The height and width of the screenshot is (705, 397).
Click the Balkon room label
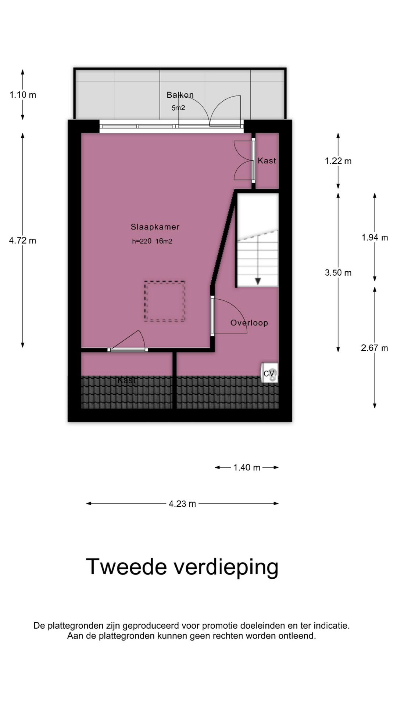tap(180, 95)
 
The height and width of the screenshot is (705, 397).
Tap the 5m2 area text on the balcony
tap(178, 108)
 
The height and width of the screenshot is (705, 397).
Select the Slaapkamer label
tap(155, 227)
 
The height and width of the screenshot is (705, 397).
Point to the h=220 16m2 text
tap(152, 241)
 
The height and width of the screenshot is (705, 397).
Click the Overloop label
tap(249, 323)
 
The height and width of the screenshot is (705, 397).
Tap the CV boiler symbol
tap(269, 373)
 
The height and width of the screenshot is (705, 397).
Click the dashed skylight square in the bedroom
tap(165, 301)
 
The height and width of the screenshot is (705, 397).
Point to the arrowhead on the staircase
tap(258, 281)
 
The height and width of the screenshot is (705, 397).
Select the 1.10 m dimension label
tap(23, 95)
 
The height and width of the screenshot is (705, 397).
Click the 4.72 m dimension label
tap(23, 241)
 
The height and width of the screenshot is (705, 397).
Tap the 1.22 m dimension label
tap(338, 161)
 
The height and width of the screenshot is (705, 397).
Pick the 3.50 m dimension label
tap(338, 272)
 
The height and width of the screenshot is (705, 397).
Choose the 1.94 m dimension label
tap(375, 238)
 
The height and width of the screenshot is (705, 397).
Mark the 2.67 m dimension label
tap(375, 348)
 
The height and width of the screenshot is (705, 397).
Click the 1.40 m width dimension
tap(247, 467)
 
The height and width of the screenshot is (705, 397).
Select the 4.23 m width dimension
tap(182, 504)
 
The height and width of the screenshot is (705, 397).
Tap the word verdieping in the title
tap(226, 567)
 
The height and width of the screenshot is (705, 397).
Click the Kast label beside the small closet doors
tap(267, 160)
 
